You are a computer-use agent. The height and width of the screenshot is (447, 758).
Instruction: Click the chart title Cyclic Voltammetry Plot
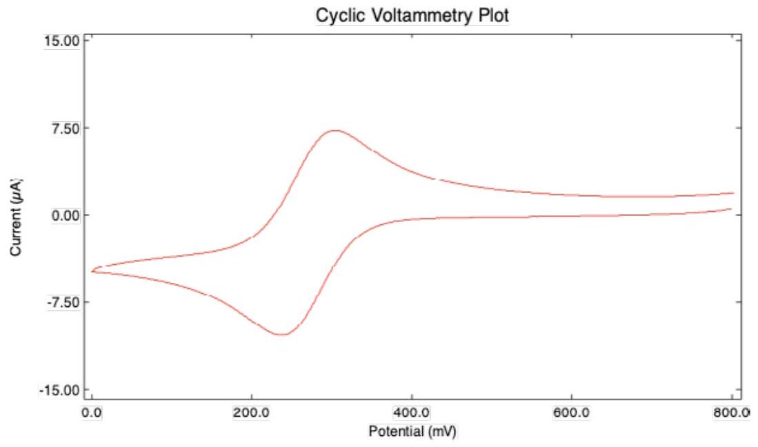[411, 14]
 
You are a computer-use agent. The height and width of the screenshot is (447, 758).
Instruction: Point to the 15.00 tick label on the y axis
[63, 40]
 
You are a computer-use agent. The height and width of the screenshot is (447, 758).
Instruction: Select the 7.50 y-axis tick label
[66, 128]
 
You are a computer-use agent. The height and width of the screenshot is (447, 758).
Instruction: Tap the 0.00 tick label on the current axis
[66, 215]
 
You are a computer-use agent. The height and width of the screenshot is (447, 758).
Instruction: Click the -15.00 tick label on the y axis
[61, 390]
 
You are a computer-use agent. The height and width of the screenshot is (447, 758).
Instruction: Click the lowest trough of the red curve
[283, 335]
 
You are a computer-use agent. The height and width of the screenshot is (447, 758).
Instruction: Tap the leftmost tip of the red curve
[92, 271]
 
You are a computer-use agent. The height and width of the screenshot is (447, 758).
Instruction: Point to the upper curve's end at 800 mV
[733, 193]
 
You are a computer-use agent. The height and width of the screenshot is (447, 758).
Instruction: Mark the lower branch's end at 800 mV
[731, 208]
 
